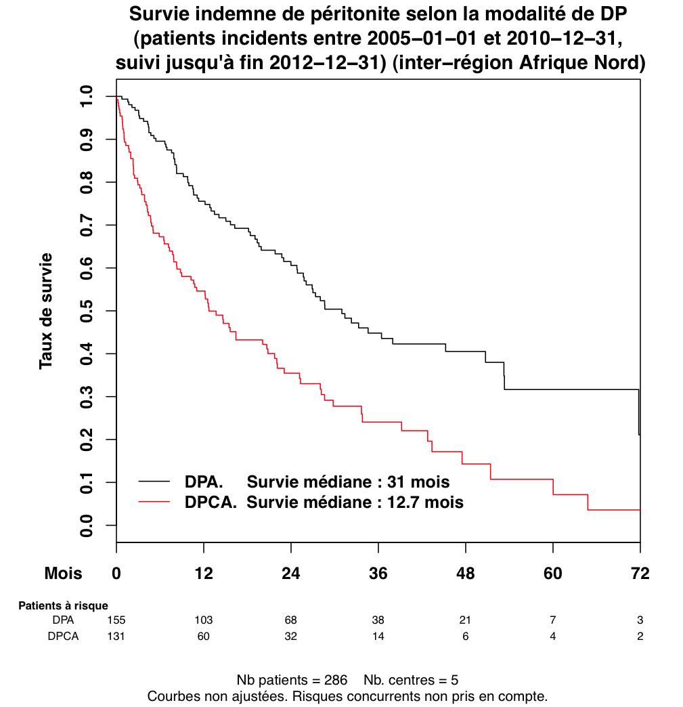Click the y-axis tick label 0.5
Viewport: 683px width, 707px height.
pyautogui.click(x=87, y=311)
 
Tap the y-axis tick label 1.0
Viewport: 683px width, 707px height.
pyautogui.click(x=87, y=96)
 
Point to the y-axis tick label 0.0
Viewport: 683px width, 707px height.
pyautogui.click(x=87, y=526)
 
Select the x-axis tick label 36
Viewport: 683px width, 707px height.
pyautogui.click(x=378, y=574)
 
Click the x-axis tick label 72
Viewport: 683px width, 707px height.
pyautogui.click(x=639, y=574)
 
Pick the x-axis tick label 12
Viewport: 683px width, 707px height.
pyautogui.click(x=204, y=574)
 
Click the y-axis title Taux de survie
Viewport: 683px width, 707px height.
pyautogui.click(x=46, y=311)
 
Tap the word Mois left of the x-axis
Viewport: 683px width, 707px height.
pyautogui.click(x=63, y=574)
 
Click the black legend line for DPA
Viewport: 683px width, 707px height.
pyautogui.click(x=155, y=481)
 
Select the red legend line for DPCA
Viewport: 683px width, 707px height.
pyautogui.click(x=155, y=502)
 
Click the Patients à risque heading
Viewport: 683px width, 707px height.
pyautogui.click(x=63, y=605)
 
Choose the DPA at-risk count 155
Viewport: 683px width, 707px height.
pyautogui.click(x=116, y=620)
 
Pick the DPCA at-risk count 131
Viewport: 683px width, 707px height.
pyautogui.click(x=116, y=637)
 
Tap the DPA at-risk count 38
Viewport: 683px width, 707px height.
pyautogui.click(x=378, y=620)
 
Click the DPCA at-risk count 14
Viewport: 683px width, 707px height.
pyautogui.click(x=378, y=637)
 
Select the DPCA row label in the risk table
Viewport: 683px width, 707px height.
pyautogui.click(x=63, y=637)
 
